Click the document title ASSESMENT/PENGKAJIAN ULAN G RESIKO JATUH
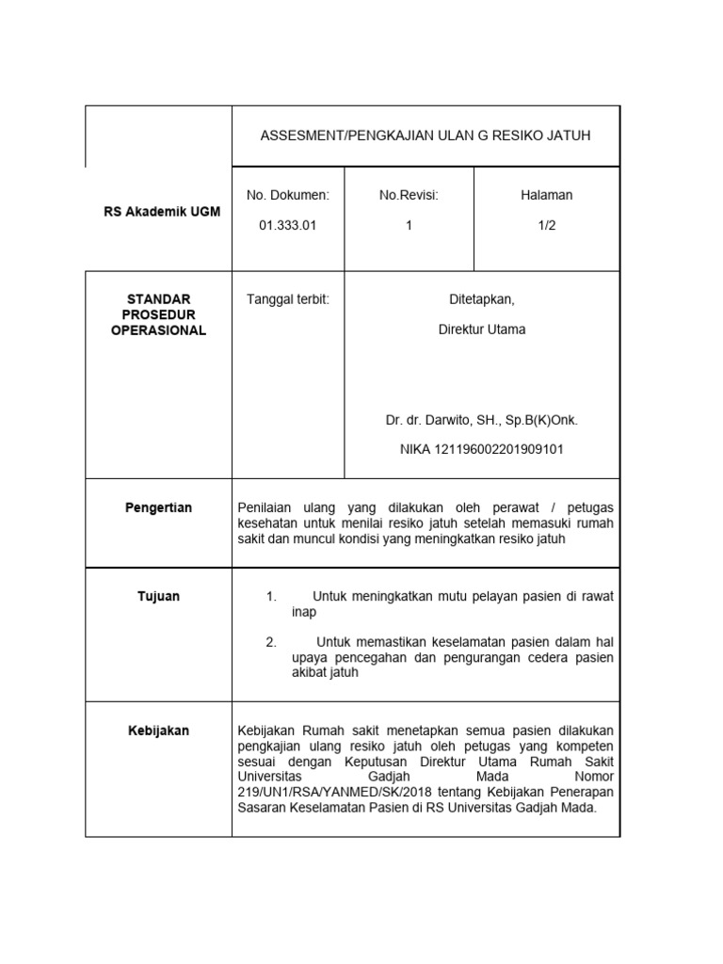point(426,137)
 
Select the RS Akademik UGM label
point(162,212)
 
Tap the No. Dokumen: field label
point(288,195)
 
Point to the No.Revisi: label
point(410,195)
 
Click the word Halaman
point(546,195)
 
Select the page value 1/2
point(546,225)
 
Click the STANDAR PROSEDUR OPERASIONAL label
point(158,314)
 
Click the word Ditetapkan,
point(482,299)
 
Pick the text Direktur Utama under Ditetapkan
point(482,329)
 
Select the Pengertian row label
point(158,508)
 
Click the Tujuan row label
point(158,597)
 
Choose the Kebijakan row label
point(158,731)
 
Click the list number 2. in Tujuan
point(271,642)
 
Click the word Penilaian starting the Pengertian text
point(269,508)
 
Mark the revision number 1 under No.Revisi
point(410,225)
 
